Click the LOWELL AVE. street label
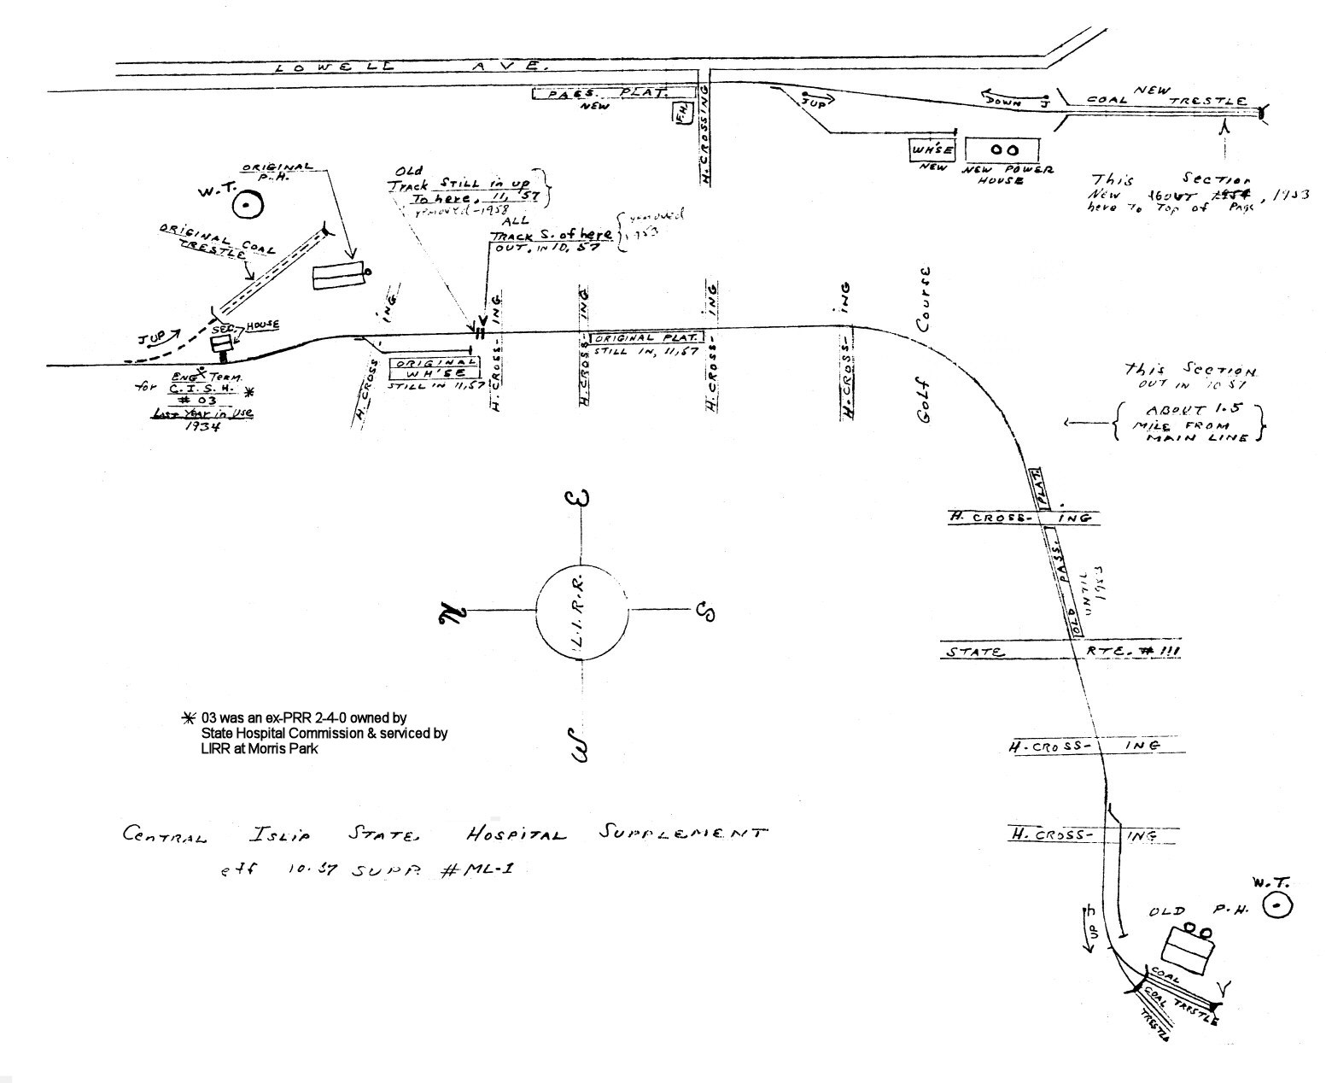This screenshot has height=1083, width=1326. coord(410,66)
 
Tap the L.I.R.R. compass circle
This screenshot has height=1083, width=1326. coord(581,612)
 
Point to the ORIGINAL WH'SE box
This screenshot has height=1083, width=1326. coord(433,368)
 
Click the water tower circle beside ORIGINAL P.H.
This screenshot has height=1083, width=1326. coord(248,205)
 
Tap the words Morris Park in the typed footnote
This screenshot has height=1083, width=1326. coord(282,749)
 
